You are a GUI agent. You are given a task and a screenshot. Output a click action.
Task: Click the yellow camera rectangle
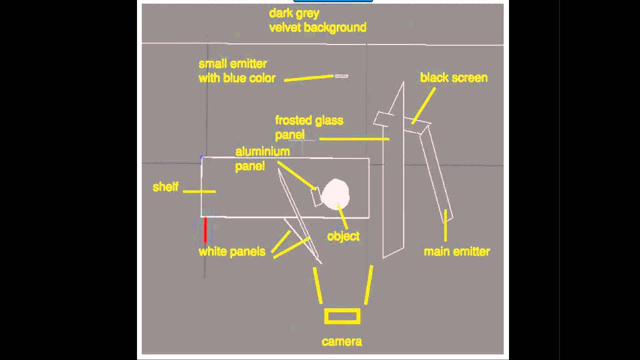(342, 316)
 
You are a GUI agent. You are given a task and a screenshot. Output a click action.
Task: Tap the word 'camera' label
(342, 341)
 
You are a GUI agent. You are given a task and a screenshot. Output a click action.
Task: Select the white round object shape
(335, 194)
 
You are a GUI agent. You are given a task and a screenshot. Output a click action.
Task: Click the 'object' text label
(343, 236)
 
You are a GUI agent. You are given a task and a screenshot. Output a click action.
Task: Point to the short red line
(205, 229)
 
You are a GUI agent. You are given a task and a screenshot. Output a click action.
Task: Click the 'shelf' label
(165, 187)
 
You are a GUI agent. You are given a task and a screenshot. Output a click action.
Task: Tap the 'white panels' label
(232, 251)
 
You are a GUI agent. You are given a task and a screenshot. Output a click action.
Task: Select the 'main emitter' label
(457, 251)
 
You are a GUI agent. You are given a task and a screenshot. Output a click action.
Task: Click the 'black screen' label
(453, 78)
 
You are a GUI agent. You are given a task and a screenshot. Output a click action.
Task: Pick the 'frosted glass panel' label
(308, 127)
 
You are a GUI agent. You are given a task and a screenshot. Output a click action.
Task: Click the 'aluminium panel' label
(262, 158)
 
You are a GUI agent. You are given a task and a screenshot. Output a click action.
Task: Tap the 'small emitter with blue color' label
(237, 71)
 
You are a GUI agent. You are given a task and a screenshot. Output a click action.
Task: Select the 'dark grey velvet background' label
(317, 20)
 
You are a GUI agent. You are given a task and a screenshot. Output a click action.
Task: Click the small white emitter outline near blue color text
(341, 76)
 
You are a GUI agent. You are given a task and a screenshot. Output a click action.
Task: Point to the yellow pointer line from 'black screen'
(423, 105)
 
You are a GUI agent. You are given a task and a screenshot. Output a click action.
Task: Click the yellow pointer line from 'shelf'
(199, 191)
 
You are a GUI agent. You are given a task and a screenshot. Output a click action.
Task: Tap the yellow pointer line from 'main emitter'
(445, 225)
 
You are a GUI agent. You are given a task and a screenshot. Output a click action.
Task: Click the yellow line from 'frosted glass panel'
(354, 138)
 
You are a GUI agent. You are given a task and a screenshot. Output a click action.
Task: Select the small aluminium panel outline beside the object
(316, 196)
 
